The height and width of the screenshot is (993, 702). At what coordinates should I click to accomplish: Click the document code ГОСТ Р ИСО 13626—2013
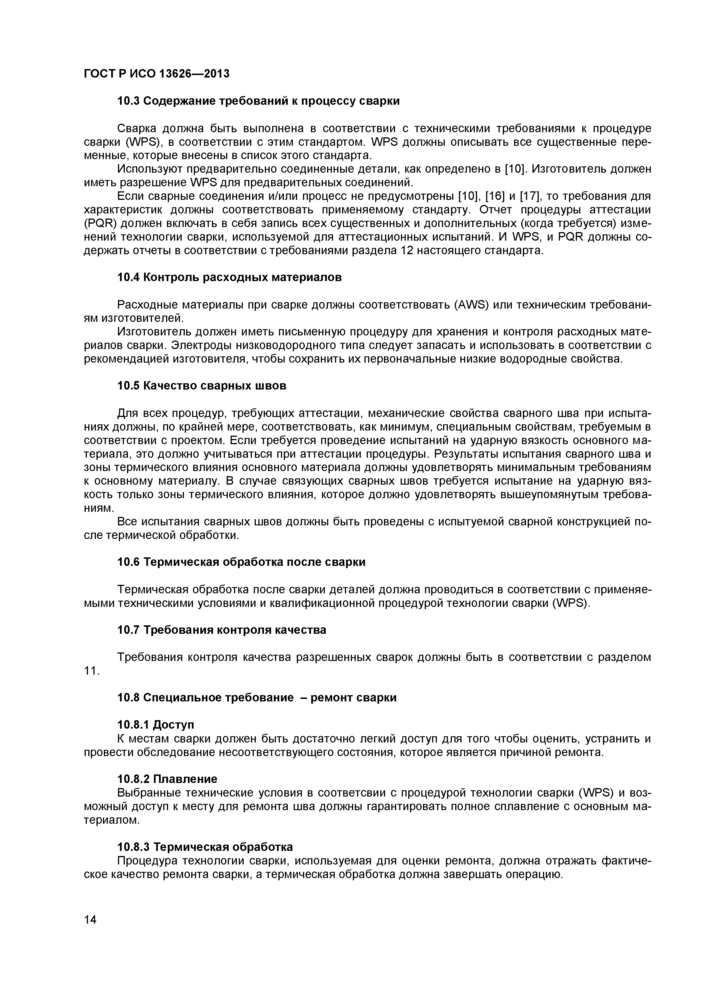pyautogui.click(x=156, y=74)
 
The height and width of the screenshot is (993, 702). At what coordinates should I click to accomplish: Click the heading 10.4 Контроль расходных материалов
pyautogui.click(x=229, y=278)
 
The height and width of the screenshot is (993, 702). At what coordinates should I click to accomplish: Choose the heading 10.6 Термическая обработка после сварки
pyautogui.click(x=241, y=562)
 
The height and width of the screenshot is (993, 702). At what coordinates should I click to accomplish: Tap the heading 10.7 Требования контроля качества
pyautogui.click(x=222, y=630)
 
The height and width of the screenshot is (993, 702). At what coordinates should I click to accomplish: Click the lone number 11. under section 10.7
pyautogui.click(x=92, y=671)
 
